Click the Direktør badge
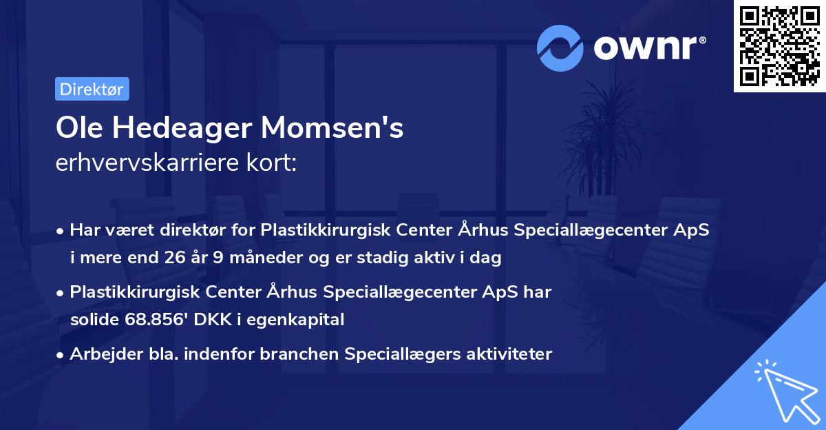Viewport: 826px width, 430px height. pyautogui.click(x=92, y=89)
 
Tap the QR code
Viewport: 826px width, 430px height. pyautogui.click(x=780, y=46)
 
